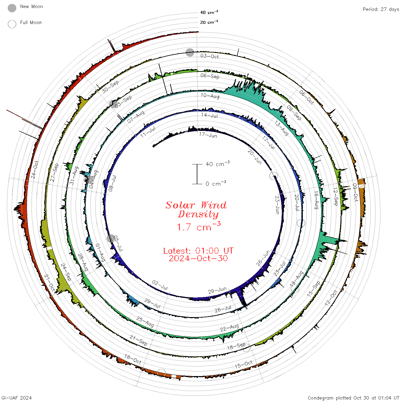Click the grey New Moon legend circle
(12, 8)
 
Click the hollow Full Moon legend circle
(12, 24)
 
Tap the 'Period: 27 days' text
(381, 9)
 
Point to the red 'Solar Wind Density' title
(196, 210)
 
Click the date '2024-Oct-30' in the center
(198, 258)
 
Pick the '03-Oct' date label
(209, 56)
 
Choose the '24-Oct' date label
(35, 170)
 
